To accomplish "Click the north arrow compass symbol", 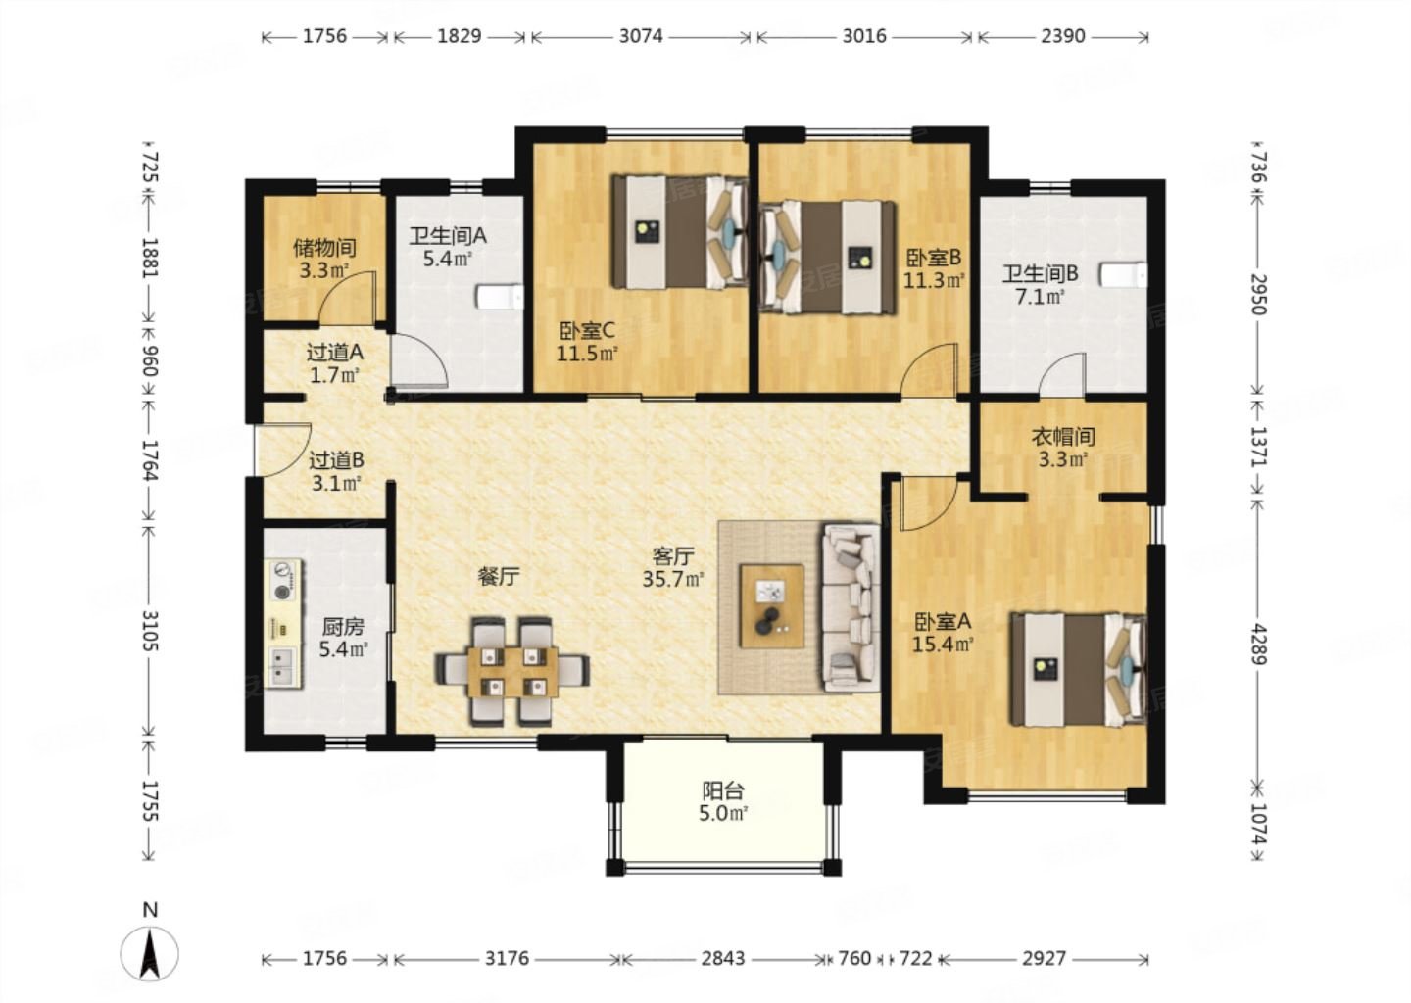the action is point(149,954).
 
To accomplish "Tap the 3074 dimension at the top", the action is point(641,36).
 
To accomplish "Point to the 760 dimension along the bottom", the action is point(854,958).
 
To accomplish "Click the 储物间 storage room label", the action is point(324,248).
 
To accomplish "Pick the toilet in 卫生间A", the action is point(500,297).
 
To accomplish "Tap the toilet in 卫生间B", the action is point(1124,275).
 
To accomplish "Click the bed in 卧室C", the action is point(679,232).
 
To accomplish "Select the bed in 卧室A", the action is point(1078,670).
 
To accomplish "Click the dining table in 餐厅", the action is point(512,673).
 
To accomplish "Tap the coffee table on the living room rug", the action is point(772,606).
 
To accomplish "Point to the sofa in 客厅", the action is point(851,608).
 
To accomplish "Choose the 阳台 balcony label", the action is point(723,790).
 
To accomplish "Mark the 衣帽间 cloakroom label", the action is point(1062,436).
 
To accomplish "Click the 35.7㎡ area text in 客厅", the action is point(673,579).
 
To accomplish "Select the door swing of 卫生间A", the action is point(418,359).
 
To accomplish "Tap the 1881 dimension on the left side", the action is point(149,258).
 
